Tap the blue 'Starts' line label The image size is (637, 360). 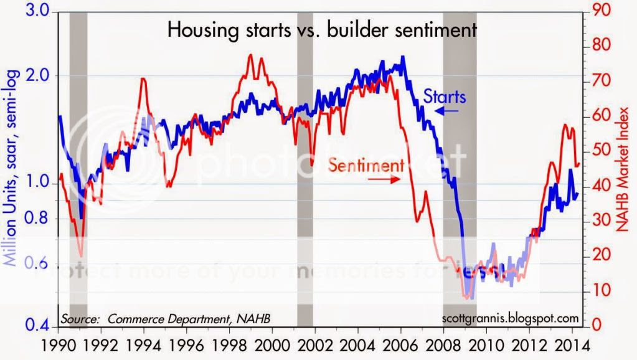point(445,97)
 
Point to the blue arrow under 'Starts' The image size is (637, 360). point(446,111)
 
